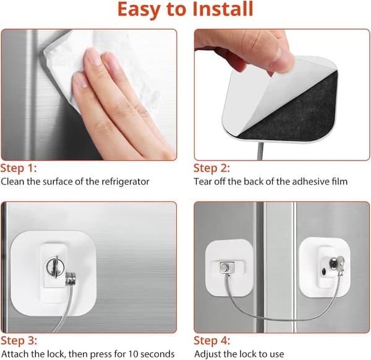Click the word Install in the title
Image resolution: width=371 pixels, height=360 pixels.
(223, 9)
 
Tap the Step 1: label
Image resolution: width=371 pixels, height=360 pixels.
(19, 168)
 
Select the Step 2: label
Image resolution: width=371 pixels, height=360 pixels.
(211, 168)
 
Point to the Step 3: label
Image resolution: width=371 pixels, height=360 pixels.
(19, 341)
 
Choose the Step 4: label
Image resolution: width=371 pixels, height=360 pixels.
(212, 341)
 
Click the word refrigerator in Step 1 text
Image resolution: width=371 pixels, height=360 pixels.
(126, 182)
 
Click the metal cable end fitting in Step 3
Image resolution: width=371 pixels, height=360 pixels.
(70, 279)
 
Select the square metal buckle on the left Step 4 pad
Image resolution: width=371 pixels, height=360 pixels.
(228, 267)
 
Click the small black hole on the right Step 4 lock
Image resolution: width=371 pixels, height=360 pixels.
(323, 271)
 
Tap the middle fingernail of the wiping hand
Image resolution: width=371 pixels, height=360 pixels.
(93, 56)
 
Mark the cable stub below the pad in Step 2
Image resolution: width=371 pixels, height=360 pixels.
(260, 151)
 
